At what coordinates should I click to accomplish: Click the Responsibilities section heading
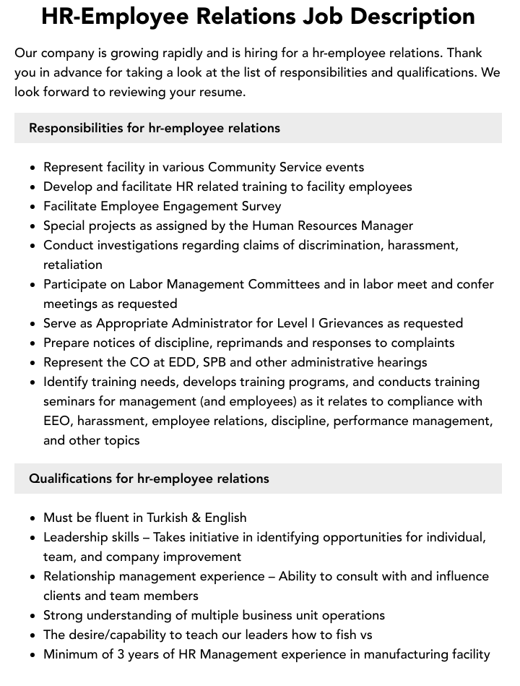click(x=154, y=128)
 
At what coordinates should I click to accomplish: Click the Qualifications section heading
click(x=149, y=479)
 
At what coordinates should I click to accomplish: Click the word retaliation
click(x=73, y=265)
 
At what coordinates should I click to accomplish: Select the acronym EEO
click(x=57, y=421)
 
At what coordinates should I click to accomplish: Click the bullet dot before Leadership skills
click(x=33, y=538)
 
